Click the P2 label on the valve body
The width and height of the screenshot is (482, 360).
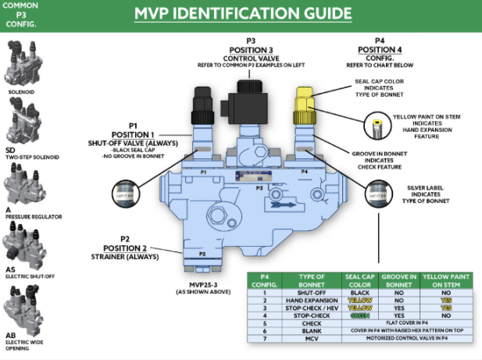202,254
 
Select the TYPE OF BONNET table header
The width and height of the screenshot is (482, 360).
305,282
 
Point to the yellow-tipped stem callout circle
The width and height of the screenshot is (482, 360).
377,123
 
